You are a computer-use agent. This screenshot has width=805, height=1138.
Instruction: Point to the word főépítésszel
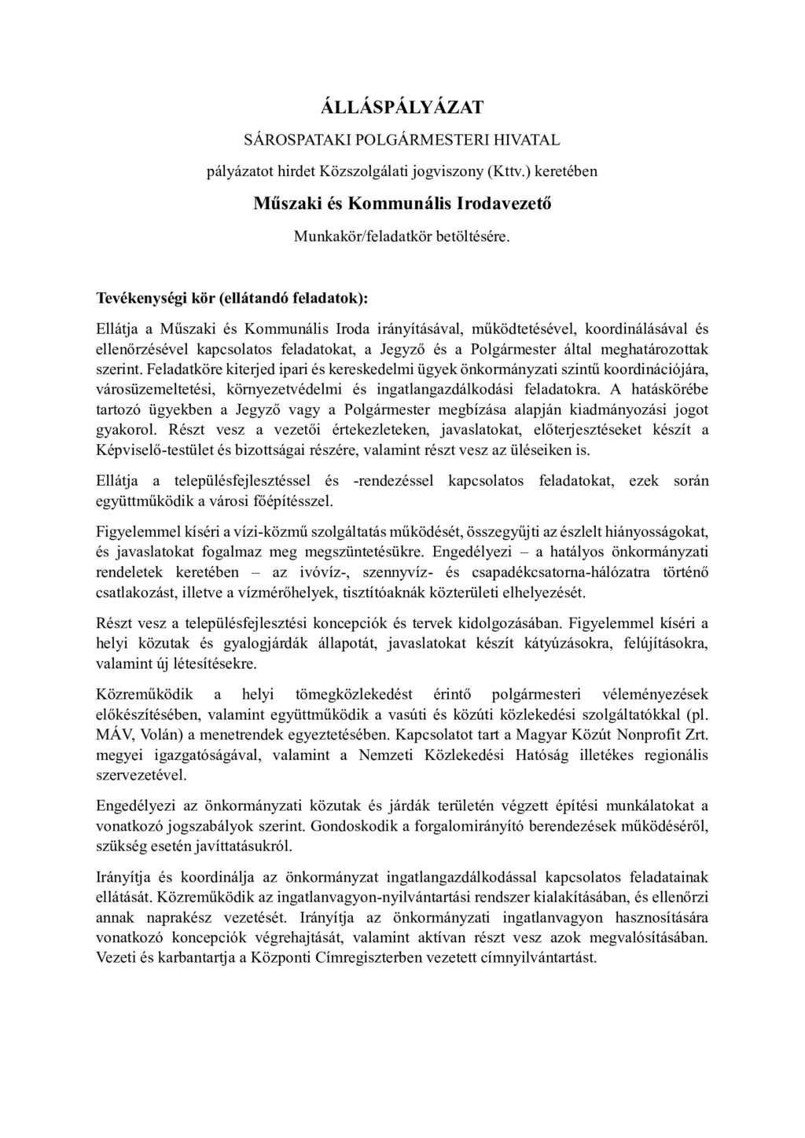(297, 500)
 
